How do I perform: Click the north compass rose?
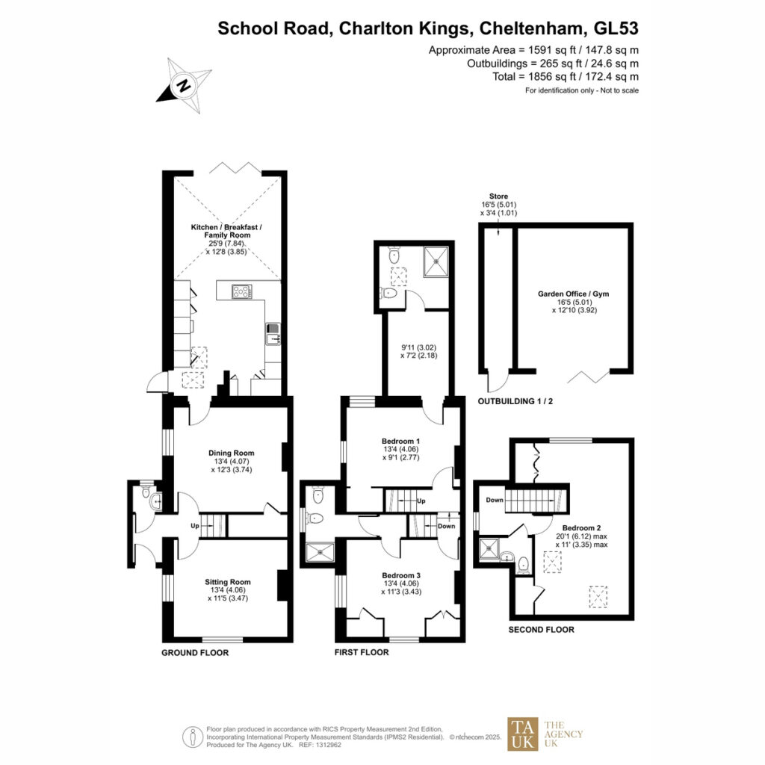pos(185,85)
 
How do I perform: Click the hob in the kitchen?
pos(242,291)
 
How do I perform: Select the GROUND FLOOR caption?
pos(195,653)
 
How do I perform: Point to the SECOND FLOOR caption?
pos(541,629)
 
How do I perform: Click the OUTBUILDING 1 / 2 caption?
pos(515,401)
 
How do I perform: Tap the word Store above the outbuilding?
pos(498,196)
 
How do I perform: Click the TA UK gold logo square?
pos(523,734)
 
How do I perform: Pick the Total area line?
pos(566,77)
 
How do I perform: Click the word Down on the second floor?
pos(495,500)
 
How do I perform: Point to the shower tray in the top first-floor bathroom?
pos(436,262)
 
